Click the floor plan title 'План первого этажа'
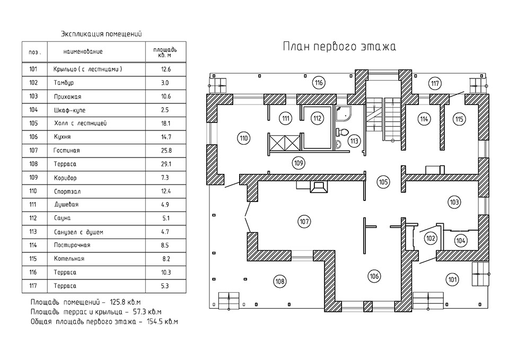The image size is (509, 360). [339, 47]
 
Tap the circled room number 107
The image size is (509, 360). [304, 222]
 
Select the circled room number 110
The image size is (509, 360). [243, 138]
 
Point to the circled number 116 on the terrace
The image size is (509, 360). [318, 83]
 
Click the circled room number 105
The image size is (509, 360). [383, 182]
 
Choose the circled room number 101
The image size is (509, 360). [452, 279]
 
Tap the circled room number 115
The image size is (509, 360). [459, 119]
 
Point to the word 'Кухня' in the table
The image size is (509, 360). [62, 137]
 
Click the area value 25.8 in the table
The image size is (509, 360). [165, 151]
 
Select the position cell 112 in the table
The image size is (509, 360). [33, 218]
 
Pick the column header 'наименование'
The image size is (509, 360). [83, 52]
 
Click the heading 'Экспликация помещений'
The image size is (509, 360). [102, 34]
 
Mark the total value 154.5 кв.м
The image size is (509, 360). [162, 322]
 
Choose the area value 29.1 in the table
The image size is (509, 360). [165, 164]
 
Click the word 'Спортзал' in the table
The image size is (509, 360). [66, 191]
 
